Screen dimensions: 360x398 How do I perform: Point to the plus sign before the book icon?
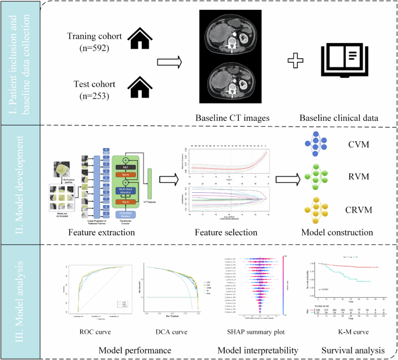point(296,60)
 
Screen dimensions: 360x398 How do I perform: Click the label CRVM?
point(368,209)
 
